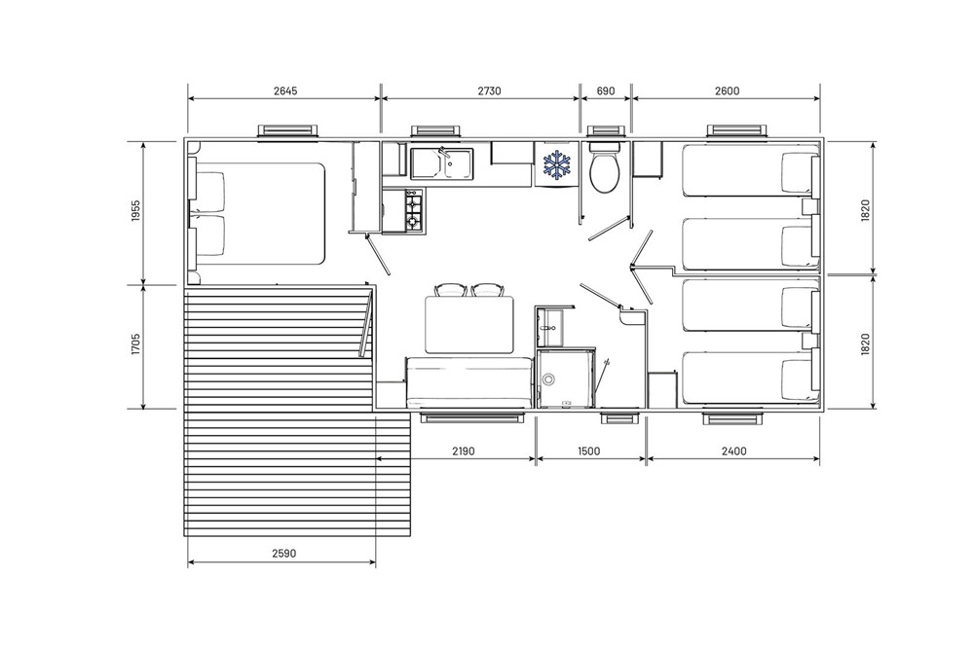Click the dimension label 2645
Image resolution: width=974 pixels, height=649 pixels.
pyautogui.click(x=285, y=90)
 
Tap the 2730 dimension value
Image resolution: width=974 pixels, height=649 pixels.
pyautogui.click(x=489, y=90)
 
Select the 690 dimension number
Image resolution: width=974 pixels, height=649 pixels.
pyautogui.click(x=605, y=90)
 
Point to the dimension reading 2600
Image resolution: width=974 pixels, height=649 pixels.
pyautogui.click(x=727, y=90)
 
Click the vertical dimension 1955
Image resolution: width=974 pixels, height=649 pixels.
pyautogui.click(x=136, y=211)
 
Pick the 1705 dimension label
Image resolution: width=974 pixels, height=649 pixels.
pyautogui.click(x=136, y=345)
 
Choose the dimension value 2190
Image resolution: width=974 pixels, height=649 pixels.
pyautogui.click(x=463, y=451)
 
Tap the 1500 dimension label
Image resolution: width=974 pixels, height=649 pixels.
pyautogui.click(x=589, y=451)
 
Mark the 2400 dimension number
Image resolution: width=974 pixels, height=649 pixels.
pyautogui.click(x=733, y=451)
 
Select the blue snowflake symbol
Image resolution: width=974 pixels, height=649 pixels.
pyautogui.click(x=556, y=163)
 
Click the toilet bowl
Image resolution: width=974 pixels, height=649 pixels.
pyautogui.click(x=604, y=168)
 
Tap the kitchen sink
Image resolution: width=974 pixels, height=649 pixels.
pyautogui.click(x=441, y=163)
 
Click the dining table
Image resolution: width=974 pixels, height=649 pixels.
pyautogui.click(x=470, y=326)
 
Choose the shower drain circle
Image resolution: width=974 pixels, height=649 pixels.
pyautogui.click(x=548, y=380)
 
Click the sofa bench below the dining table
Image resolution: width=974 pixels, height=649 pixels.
pyautogui.click(x=469, y=382)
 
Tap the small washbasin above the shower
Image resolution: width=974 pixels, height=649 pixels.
pyautogui.click(x=550, y=326)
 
